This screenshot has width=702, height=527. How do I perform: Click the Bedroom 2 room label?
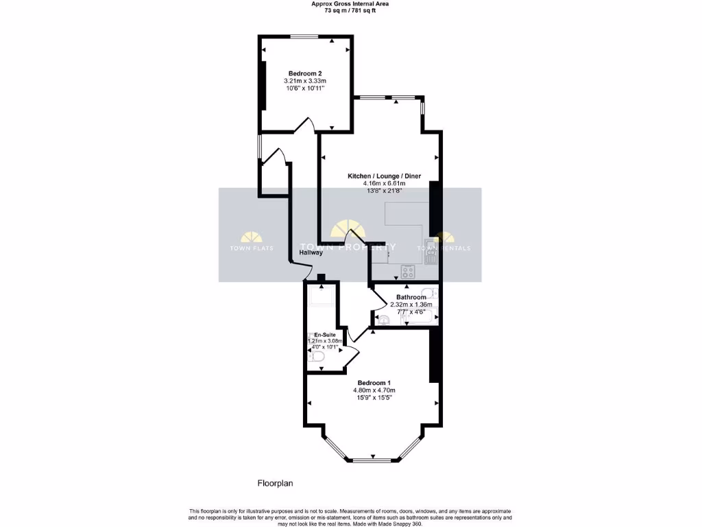(x=305, y=73)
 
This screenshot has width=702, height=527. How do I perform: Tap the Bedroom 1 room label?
(x=374, y=382)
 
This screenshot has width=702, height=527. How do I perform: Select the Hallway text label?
(x=311, y=253)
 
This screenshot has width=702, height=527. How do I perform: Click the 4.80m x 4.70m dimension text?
(x=374, y=390)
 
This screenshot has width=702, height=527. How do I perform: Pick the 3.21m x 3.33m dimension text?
(x=305, y=81)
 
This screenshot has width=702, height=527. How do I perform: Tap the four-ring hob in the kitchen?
(x=409, y=272)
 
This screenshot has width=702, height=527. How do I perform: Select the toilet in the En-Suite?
(x=311, y=356)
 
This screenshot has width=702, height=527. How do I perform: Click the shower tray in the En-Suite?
(x=320, y=296)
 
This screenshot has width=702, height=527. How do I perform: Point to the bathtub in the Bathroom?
(x=419, y=318)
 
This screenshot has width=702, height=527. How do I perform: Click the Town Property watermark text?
(x=348, y=247)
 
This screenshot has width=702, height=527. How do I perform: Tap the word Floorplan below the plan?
(x=275, y=483)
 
